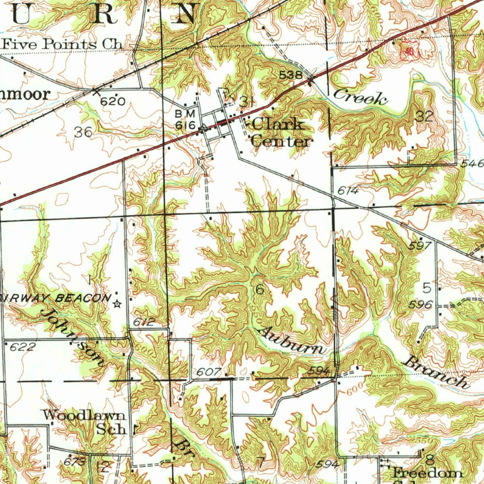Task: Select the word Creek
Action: point(360,97)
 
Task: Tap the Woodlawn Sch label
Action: point(85,422)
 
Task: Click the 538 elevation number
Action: point(290,75)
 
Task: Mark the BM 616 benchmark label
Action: point(185,120)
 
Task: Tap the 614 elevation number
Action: point(348,191)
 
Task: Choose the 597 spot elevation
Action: point(420,246)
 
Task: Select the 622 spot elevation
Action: point(22,347)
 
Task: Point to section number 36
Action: point(83,132)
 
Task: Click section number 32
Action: point(424,116)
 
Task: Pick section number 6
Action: point(259,290)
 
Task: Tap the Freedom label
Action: point(427,473)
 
